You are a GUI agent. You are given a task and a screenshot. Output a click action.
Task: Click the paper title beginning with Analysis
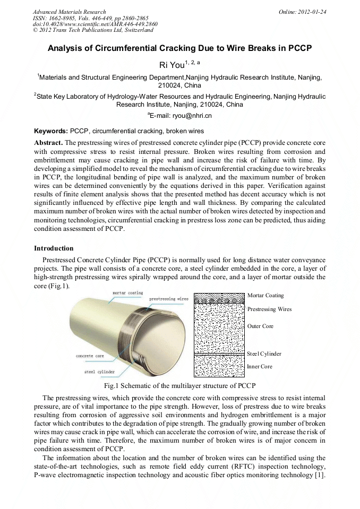coord(179,48)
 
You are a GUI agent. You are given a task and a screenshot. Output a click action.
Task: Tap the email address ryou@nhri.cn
coord(179,115)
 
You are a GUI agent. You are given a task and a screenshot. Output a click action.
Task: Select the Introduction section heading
coord(54,248)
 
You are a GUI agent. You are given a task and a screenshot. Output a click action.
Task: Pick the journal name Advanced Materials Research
coord(69,12)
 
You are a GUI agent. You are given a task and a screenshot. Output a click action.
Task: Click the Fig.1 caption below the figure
coord(179,386)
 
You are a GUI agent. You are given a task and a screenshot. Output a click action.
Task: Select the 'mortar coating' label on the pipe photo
coord(127,293)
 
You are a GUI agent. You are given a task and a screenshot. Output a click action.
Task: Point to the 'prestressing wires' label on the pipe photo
coord(168,299)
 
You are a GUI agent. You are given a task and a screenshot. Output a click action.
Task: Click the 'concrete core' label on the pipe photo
coord(90,356)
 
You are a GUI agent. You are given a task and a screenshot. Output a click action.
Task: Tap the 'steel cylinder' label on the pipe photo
coord(99,372)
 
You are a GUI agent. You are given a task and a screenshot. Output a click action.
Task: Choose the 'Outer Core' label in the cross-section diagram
coord(260,326)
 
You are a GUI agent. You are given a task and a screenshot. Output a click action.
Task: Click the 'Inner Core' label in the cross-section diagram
coord(260,366)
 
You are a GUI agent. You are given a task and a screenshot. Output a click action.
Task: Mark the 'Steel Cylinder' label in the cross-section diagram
coord(264,353)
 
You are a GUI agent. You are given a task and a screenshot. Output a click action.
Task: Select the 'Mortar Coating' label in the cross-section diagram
coord(265,295)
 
